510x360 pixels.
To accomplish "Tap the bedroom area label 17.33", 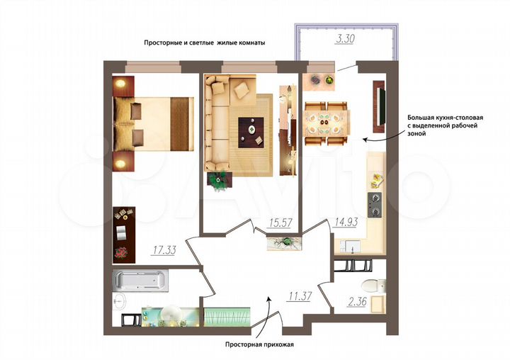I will (x=164, y=249).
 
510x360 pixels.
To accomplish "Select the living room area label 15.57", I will (x=280, y=223).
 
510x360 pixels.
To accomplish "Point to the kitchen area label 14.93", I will (x=345, y=223).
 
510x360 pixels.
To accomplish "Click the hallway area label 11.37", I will (x=300, y=296).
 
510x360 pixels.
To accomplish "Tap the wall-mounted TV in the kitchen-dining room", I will (x=380, y=108).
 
